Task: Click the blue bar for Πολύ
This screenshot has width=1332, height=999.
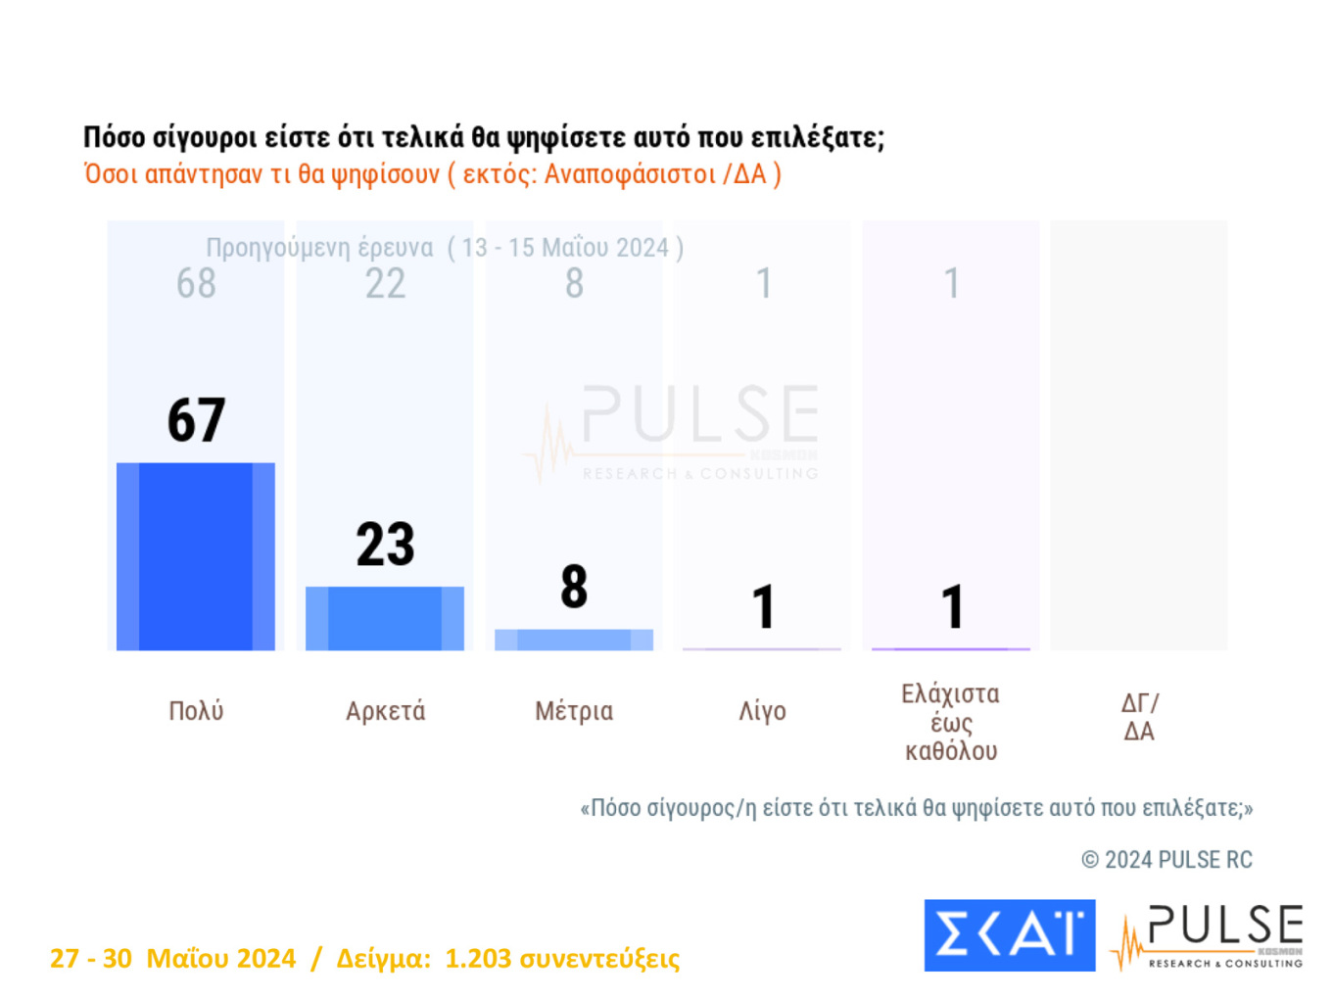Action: pos(196,556)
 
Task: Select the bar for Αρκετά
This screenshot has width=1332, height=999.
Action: pos(385,618)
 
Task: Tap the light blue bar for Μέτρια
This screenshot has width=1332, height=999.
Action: pos(574,640)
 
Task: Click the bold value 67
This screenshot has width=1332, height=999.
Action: pos(196,420)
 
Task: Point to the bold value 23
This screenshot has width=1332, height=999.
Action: pos(385,545)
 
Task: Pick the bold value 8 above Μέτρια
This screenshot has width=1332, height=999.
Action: pos(574,587)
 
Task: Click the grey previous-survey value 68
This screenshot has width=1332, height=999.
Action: pos(196,284)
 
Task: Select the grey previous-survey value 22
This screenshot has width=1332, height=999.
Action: pos(385,284)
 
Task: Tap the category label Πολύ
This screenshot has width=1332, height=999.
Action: pos(196,711)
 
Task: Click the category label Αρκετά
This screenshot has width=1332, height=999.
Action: pos(385,711)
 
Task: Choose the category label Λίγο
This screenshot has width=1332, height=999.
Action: pos(762,711)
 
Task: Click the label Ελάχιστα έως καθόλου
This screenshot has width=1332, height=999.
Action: pos(950,723)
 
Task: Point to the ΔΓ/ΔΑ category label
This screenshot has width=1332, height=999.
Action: pos(1139,717)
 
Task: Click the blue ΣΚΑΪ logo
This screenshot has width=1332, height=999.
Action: pos(1009,935)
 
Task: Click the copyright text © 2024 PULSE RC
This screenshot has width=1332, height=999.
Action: pos(1166,860)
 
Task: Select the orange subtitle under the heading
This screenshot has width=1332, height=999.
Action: pos(432,174)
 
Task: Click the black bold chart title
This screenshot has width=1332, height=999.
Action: pos(483,137)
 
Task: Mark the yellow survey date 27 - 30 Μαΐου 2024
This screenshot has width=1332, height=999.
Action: pos(172,958)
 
